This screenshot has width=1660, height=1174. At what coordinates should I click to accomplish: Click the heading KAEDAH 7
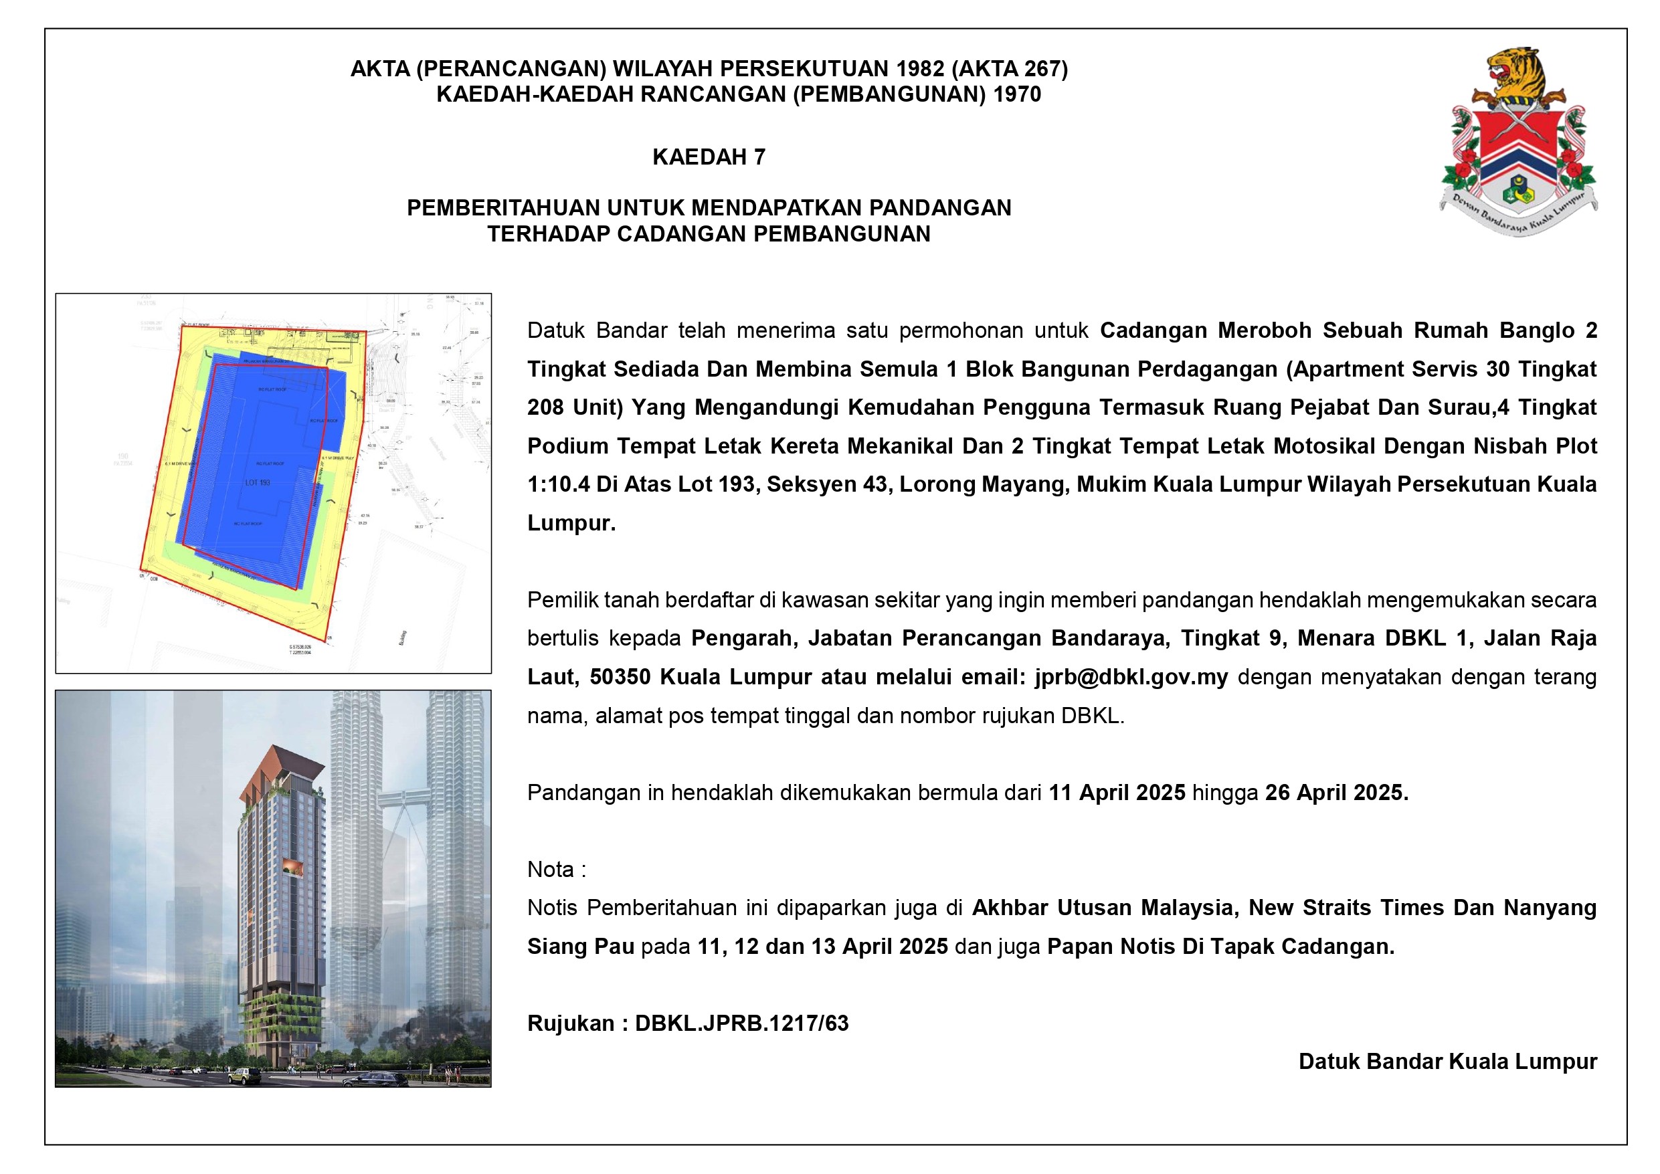click(709, 157)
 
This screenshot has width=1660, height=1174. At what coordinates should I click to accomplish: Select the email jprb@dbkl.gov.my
click(1131, 678)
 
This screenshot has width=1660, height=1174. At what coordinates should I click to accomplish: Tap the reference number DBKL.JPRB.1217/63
click(741, 1023)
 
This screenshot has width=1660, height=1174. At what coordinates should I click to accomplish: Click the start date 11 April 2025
click(1116, 793)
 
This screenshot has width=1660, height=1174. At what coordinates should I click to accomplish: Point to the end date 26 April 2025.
click(1336, 793)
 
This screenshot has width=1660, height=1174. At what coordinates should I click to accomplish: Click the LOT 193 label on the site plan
click(258, 482)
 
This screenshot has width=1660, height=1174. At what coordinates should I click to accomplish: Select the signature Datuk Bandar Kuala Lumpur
click(1447, 1062)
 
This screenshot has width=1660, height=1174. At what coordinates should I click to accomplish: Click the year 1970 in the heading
click(1016, 94)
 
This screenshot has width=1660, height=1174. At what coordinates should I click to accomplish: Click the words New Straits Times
click(1309, 908)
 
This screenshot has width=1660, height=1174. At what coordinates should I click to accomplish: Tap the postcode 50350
click(620, 678)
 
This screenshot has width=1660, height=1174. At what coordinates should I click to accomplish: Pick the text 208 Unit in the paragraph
click(575, 407)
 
